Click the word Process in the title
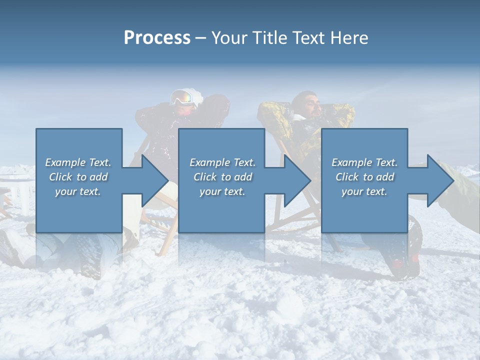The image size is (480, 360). (157, 38)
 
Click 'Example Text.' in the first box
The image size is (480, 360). (78, 162)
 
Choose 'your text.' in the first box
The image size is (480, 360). (78, 191)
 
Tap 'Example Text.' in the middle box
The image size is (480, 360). (222, 162)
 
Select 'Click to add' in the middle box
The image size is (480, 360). (222, 177)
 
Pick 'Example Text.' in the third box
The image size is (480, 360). (364, 162)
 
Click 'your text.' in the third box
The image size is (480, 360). (364, 191)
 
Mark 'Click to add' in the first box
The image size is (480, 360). (78, 177)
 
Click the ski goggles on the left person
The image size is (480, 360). (182, 98)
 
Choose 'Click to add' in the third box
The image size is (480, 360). (364, 177)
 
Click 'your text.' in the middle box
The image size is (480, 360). (222, 191)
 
